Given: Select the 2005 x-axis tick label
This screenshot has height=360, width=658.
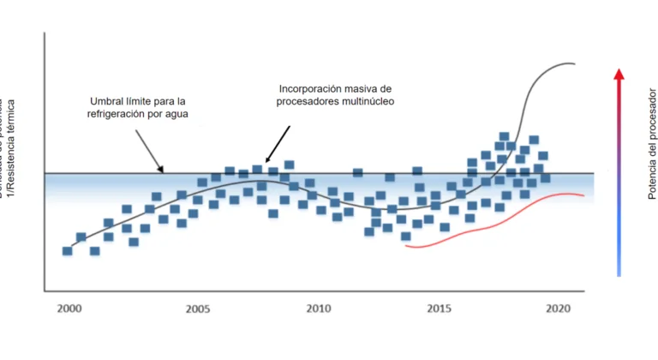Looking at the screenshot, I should click(198, 309).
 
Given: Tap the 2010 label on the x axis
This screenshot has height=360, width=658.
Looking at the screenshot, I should click(319, 309).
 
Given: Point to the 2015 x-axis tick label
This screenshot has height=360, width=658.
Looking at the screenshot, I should click(440, 309).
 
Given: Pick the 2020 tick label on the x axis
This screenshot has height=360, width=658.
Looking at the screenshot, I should click(559, 309).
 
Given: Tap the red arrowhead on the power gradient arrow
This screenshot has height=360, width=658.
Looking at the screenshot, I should click(619, 74).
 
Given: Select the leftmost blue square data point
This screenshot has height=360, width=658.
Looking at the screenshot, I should click(67, 250).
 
